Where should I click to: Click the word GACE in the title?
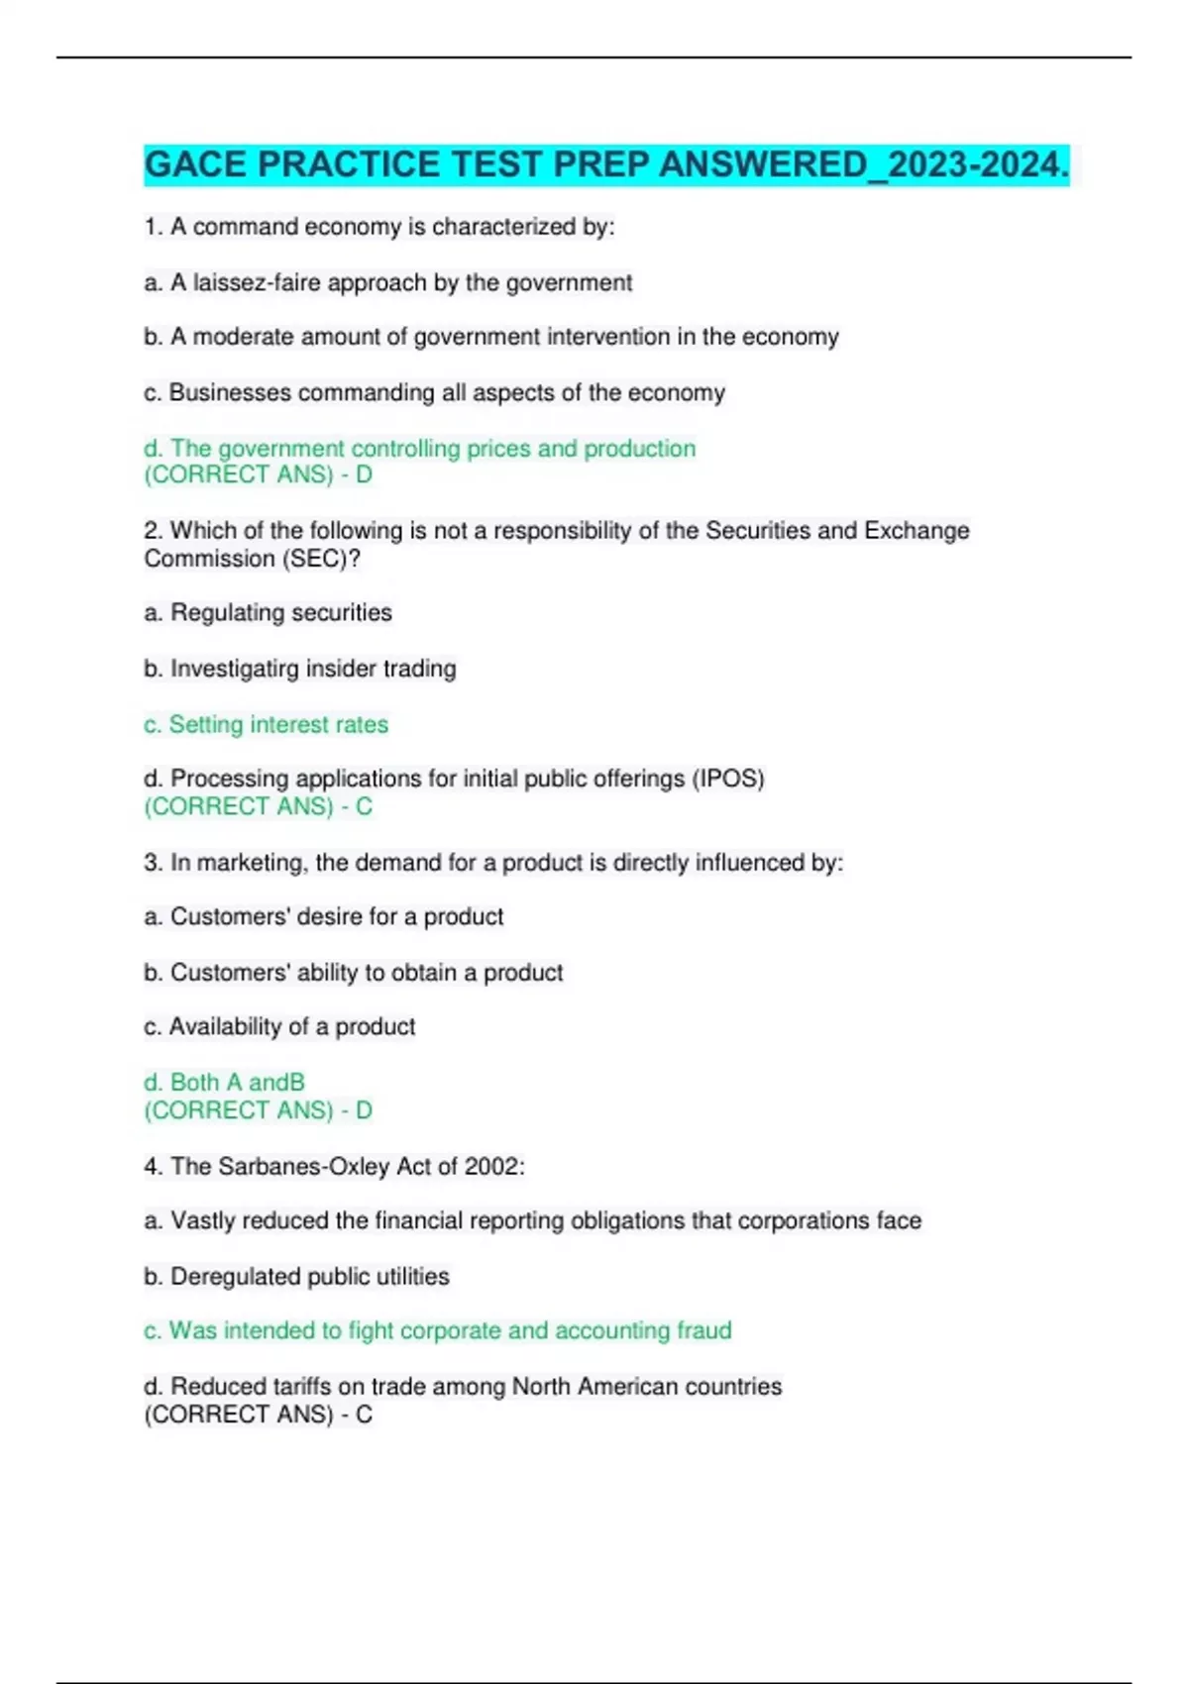click(x=195, y=164)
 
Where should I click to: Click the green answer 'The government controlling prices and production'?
click(x=420, y=449)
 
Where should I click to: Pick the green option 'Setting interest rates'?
click(x=267, y=725)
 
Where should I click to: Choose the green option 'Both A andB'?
click(x=225, y=1083)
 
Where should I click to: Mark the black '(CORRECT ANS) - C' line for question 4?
click(x=258, y=1415)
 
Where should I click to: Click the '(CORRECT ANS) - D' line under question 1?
click(x=258, y=475)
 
